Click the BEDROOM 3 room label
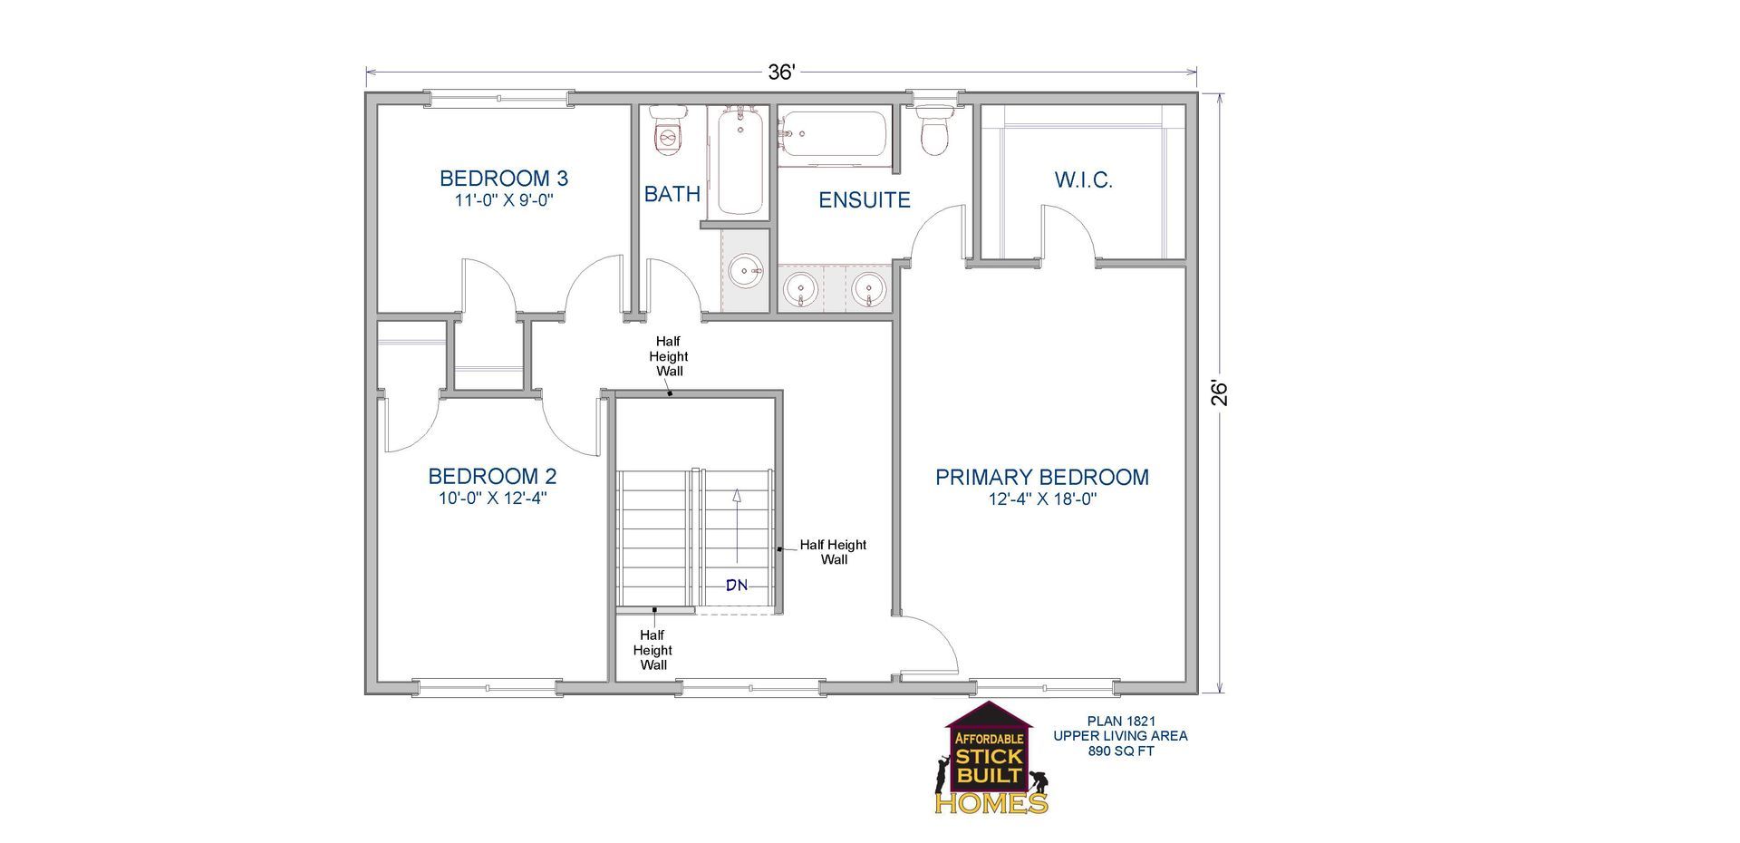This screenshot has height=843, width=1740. (x=504, y=179)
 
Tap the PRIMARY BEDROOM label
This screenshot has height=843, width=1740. (x=1042, y=477)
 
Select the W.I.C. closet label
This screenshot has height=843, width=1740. (x=1084, y=179)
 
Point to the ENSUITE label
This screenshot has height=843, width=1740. (x=865, y=200)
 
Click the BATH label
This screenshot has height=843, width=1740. (x=672, y=194)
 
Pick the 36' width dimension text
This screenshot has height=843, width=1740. (x=781, y=73)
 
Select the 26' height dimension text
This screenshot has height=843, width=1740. (x=1220, y=392)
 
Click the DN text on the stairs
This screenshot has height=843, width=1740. (x=737, y=586)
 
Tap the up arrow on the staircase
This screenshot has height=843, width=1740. (x=737, y=527)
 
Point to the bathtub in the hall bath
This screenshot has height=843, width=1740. (x=741, y=160)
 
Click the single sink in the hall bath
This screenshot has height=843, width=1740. (x=746, y=270)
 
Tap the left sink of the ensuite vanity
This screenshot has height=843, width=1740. (x=800, y=289)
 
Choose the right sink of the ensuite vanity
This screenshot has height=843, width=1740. (x=868, y=289)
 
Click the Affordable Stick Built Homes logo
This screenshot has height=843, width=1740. (x=992, y=758)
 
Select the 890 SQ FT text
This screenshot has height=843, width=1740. (x=1121, y=751)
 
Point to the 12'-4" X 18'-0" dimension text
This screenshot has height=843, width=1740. (x=1043, y=499)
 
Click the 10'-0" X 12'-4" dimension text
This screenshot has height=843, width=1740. (x=492, y=498)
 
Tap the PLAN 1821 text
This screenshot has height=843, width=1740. (x=1121, y=722)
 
